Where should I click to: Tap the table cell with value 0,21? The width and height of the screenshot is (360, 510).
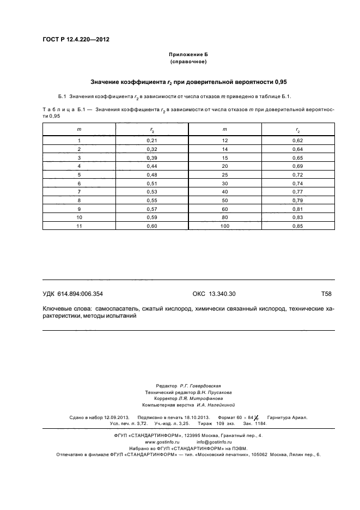151,141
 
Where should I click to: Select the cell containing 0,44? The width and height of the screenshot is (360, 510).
151,166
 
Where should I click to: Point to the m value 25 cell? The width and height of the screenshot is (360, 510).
224,174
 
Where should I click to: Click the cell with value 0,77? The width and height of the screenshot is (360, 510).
298,191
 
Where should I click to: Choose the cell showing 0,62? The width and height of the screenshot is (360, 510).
298,141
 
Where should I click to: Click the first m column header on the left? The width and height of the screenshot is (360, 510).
79,129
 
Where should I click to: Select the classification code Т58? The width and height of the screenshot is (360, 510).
326,294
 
